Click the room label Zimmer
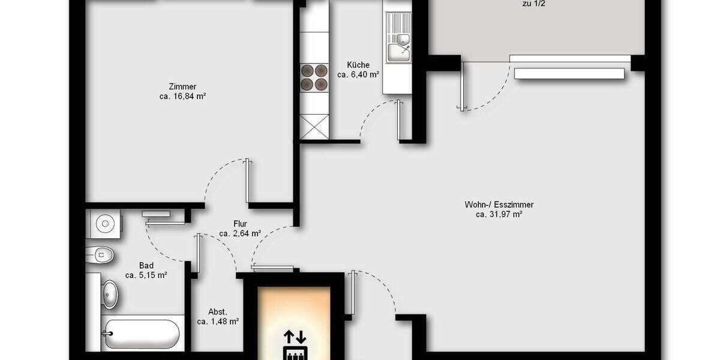pyautogui.click(x=182, y=86)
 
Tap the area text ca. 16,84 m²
pyautogui.click(x=182, y=96)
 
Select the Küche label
pyautogui.click(x=358, y=65)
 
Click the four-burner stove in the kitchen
pyautogui.click(x=314, y=77)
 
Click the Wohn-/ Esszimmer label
pyautogui.click(x=499, y=205)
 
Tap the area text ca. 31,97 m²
pyautogui.click(x=499, y=214)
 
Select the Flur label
pyautogui.click(x=240, y=224)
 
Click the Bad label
pyautogui.click(x=146, y=266)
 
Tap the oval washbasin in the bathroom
pyautogui.click(x=111, y=294)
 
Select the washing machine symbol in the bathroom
pyautogui.click(x=105, y=224)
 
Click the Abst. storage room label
pyautogui.click(x=218, y=312)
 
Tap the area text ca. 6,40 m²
pyautogui.click(x=358, y=75)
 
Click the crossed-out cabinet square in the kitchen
pyautogui.click(x=314, y=126)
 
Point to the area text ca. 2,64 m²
pyautogui.click(x=240, y=233)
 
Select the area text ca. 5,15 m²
pyautogui.click(x=146, y=275)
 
